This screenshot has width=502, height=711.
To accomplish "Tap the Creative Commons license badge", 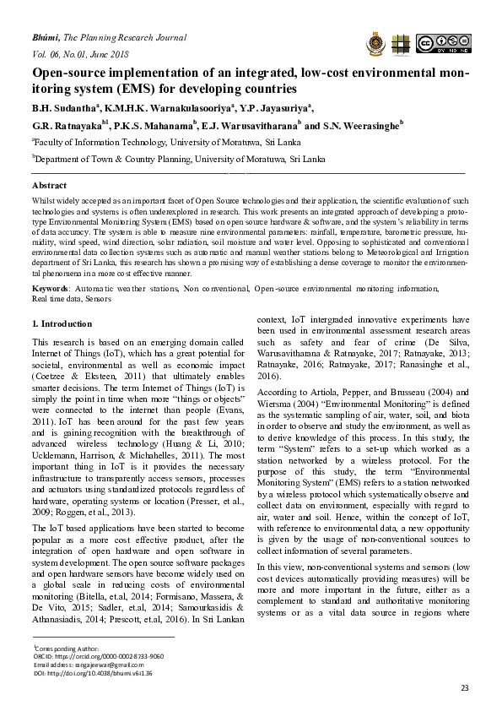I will click(x=441, y=43).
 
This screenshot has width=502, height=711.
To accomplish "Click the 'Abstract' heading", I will click(x=49, y=185).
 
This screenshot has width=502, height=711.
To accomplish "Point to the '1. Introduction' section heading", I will click(x=62, y=323).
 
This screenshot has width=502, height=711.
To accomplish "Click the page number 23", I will click(x=463, y=688).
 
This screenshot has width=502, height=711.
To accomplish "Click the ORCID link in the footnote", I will click(x=99, y=655).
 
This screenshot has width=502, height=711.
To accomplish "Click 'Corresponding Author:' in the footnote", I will click(x=64, y=648).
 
